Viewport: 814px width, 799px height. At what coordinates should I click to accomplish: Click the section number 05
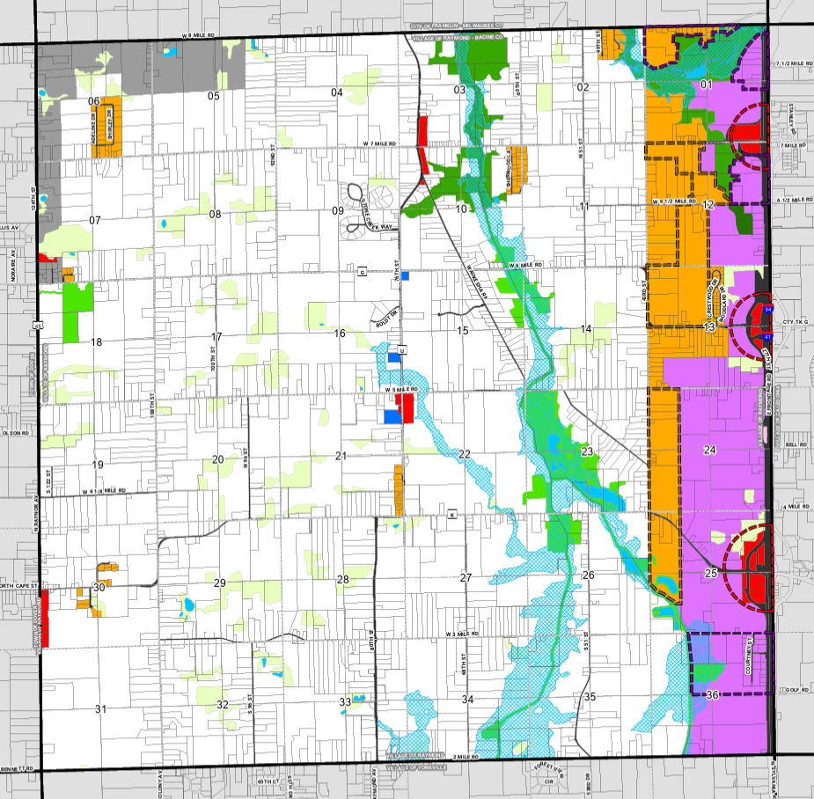212,96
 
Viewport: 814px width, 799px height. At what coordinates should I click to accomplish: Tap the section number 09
337,210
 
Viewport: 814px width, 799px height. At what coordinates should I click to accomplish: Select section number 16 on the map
339,334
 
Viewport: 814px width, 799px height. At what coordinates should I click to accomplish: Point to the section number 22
464,453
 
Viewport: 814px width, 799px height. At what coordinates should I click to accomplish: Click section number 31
100,709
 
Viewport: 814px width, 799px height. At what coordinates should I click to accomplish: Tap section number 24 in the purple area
710,451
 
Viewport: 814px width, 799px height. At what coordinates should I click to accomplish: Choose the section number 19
98,465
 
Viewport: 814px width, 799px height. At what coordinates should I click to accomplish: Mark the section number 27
466,577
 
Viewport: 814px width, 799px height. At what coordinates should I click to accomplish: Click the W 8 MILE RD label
199,35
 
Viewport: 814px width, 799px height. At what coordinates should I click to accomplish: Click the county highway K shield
453,514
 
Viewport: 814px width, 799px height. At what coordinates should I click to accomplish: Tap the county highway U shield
401,350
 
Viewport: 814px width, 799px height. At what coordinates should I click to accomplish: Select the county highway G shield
362,271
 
